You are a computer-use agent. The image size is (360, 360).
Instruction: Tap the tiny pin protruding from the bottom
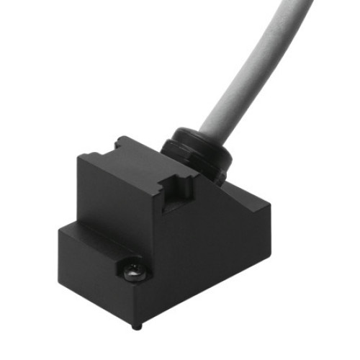[x=140, y=325]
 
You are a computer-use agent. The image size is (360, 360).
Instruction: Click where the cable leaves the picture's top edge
[x=295, y=4]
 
